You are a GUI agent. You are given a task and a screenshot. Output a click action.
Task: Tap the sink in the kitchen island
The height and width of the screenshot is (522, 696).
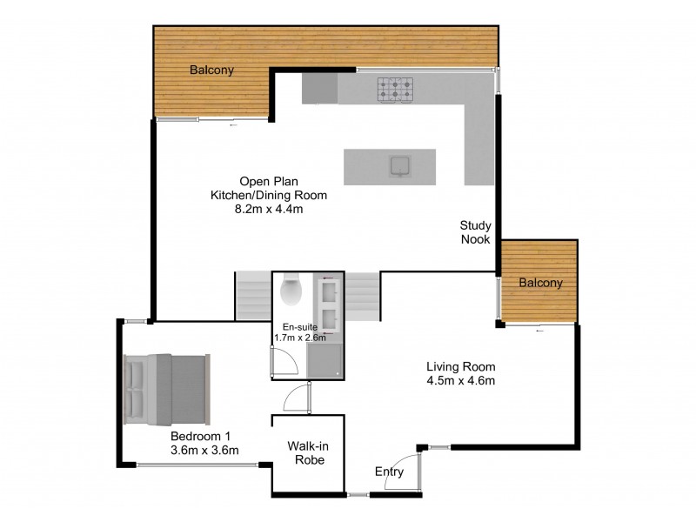coord(401,165)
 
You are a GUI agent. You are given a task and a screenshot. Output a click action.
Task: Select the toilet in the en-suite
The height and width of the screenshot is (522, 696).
coord(290,290)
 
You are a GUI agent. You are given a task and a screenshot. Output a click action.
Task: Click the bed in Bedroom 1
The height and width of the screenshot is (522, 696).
coord(166,386)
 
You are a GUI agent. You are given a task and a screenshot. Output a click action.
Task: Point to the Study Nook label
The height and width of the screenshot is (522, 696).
coord(476,232)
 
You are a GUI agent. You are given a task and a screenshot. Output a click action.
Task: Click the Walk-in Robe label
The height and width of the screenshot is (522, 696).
coord(307,452)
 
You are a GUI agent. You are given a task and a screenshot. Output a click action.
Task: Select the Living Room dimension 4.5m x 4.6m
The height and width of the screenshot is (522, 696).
coord(460,380)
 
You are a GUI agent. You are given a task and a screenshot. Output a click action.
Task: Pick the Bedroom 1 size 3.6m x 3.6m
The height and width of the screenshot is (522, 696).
coord(205,449)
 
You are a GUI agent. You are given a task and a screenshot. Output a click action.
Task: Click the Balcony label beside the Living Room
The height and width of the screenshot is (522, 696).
coord(541,283)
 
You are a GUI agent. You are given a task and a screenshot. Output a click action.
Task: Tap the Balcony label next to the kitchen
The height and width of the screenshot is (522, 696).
coord(213,71)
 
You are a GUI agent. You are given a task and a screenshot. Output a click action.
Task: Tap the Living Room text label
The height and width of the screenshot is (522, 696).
coord(460,366)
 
